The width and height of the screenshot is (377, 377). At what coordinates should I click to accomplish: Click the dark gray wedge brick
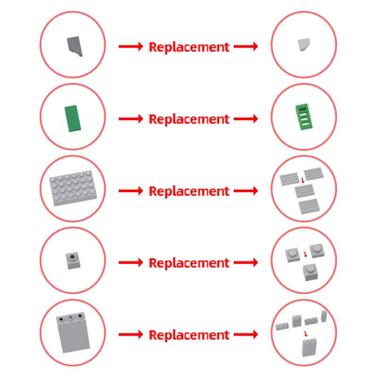tap(74, 46)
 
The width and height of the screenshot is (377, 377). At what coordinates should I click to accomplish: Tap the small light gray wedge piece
tap(304, 44)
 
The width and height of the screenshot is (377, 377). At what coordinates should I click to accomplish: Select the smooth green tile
tap(73, 118)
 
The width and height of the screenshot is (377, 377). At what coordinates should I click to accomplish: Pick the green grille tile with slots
tap(304, 117)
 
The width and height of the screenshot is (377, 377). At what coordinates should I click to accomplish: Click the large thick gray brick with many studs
tap(73, 188)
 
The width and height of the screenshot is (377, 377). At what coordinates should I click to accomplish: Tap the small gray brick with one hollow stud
tap(73, 261)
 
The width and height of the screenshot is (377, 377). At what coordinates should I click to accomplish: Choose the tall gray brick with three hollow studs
tap(73, 333)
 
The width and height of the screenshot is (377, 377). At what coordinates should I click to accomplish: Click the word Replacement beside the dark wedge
tap(189, 47)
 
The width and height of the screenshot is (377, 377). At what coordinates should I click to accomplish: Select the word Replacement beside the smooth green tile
tap(189, 119)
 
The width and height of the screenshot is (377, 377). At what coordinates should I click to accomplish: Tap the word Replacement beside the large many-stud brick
tap(189, 191)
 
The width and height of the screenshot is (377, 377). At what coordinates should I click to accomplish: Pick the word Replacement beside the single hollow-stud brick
tap(189, 263)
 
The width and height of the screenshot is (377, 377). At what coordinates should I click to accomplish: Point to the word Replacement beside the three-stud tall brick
tap(189, 335)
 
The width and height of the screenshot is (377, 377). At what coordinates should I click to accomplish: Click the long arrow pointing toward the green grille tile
tap(246, 119)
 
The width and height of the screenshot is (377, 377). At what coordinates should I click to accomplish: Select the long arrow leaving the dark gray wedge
tap(131, 46)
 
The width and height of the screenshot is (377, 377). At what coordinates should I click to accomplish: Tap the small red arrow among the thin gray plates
tap(303, 180)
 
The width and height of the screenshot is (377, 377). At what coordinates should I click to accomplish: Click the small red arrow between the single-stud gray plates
tap(305, 254)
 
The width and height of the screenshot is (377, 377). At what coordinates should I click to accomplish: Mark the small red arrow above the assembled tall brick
tap(305, 334)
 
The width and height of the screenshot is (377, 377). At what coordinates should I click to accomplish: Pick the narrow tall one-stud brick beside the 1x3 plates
tap(324, 316)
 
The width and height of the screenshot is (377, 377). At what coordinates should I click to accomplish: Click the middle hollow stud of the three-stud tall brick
tap(70, 318)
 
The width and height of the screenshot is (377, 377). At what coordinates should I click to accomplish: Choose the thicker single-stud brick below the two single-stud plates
tap(311, 272)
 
